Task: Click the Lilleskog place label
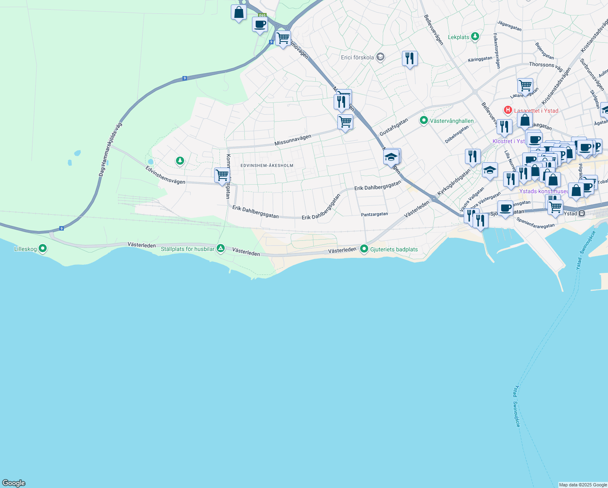(26, 249)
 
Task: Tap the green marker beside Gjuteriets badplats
(364, 249)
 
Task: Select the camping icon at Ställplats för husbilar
(221, 248)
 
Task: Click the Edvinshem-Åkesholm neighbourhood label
(267, 166)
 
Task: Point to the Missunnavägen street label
(293, 140)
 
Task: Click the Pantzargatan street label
(374, 214)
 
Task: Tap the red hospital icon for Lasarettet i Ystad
(508, 110)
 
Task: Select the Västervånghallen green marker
(424, 120)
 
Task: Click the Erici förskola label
(357, 57)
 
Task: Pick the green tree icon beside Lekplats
(475, 37)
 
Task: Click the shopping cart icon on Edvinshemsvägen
(222, 175)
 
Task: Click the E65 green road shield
(262, 15)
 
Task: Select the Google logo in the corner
(14, 483)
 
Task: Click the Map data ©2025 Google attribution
(583, 485)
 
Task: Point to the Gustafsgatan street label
(393, 127)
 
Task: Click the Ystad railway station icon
(582, 213)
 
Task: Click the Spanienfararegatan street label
(535, 223)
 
